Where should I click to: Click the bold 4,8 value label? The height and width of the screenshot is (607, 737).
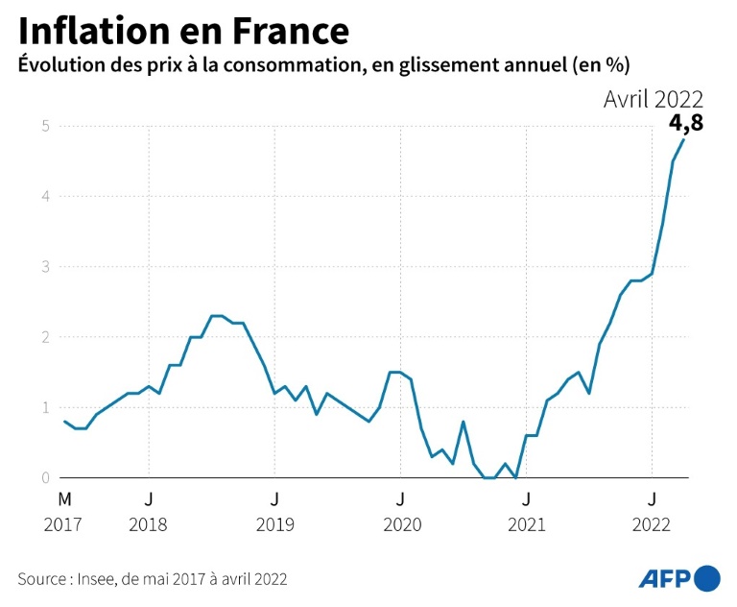coord(684,124)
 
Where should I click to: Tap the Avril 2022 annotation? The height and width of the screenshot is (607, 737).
coord(654,99)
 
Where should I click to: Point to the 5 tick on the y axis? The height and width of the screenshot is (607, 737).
coord(45,126)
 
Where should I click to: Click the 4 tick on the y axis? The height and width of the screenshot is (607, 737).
coord(45,196)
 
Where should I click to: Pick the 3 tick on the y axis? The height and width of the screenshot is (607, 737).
coord(45,267)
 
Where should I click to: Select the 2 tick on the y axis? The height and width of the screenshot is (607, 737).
coord(45,337)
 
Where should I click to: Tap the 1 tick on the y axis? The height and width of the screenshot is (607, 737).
coord(45,407)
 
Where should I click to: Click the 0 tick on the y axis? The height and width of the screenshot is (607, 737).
coord(45,477)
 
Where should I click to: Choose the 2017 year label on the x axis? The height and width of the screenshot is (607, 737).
coord(64,524)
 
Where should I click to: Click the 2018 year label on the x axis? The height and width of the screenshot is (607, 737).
coord(149,524)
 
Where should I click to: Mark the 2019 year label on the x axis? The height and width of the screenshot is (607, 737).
coord(274,524)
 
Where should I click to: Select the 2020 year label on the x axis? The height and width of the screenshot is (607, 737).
coord(401,524)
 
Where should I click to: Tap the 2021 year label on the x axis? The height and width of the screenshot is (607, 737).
coord(526,524)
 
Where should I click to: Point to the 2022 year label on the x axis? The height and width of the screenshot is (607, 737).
coord(653,524)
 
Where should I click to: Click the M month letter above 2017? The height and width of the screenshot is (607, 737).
coord(64,499)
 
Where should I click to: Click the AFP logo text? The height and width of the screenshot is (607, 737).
coord(664,578)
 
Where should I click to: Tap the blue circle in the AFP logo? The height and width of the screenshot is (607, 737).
coord(706,578)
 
